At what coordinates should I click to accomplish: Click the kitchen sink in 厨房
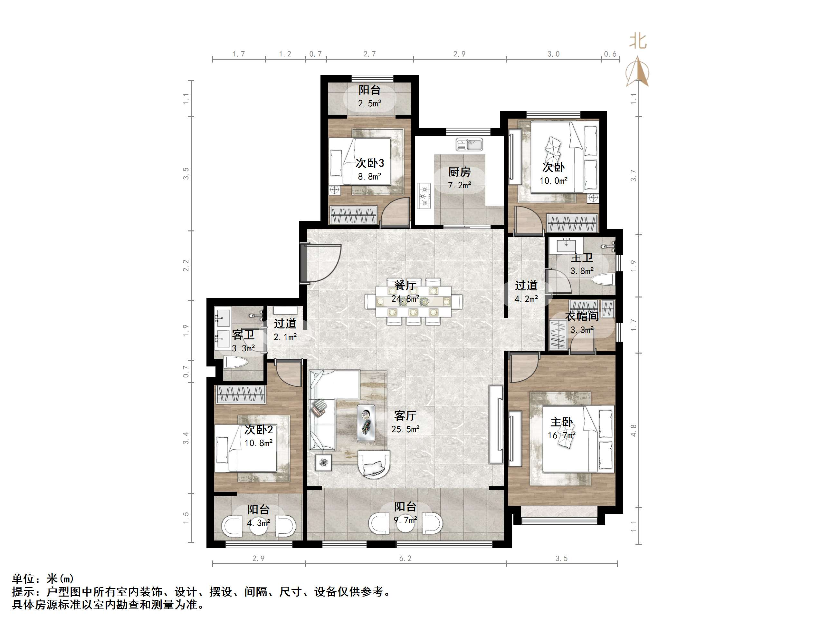[469, 145]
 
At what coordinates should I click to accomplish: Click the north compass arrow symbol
[637, 71]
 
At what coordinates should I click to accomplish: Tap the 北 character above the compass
[638, 41]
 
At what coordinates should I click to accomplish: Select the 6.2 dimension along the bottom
[405, 559]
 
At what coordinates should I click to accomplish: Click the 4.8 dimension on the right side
[634, 430]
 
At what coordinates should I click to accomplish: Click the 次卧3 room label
[370, 163]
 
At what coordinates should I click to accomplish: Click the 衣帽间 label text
[582, 316]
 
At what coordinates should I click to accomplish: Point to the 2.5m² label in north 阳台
[370, 103]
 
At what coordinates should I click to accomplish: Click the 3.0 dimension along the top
[553, 54]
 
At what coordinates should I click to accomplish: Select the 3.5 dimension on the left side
[186, 173]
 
